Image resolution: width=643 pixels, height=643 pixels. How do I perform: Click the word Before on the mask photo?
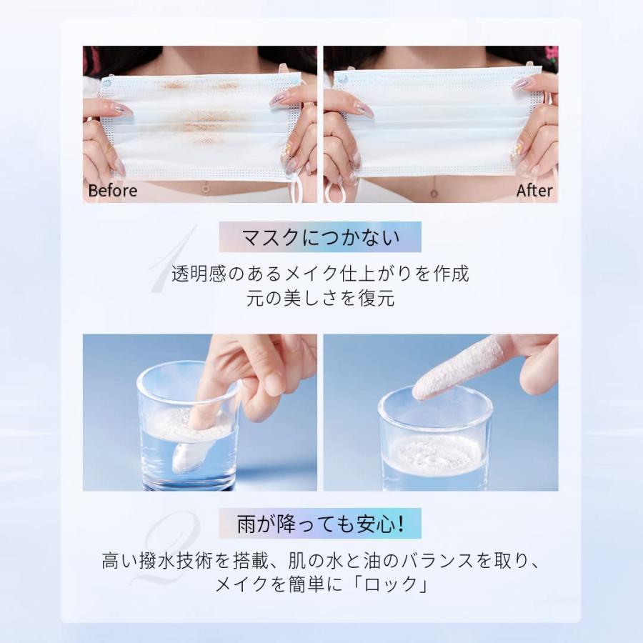coord(112,191)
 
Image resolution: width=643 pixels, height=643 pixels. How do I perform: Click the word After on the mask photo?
coord(534,191)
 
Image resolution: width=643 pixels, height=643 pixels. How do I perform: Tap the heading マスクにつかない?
coord(320,237)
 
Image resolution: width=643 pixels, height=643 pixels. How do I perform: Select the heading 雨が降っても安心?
coord(320,524)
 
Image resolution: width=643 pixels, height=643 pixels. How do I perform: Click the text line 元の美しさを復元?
coord(320,298)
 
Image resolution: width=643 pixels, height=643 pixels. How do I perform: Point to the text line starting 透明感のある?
coord(320,274)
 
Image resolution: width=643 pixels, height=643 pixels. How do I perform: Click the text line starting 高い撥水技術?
coord(320,561)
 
